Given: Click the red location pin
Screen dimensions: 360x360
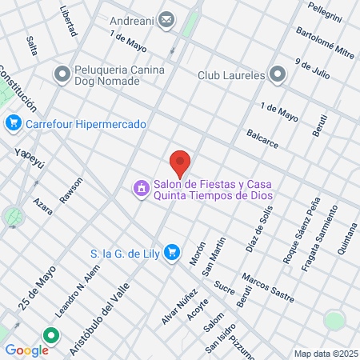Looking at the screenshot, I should click(x=180, y=162).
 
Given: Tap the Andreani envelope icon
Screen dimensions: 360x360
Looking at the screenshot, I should click(x=166, y=19).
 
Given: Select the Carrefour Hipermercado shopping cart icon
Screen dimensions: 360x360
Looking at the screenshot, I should click(x=13, y=124).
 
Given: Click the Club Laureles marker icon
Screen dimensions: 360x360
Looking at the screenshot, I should click(x=278, y=75).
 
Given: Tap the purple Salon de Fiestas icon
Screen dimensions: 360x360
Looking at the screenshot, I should click(x=141, y=189).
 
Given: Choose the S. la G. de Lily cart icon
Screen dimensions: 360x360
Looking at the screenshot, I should click(x=171, y=253).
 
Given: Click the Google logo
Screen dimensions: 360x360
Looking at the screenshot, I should click(x=26, y=350).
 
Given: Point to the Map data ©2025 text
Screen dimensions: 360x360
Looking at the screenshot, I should click(x=324, y=354).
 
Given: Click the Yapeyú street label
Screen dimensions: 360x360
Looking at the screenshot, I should click(x=31, y=154).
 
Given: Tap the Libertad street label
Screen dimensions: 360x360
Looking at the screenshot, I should click(x=69, y=22).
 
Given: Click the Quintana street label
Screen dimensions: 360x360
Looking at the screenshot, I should click(x=346, y=237).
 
